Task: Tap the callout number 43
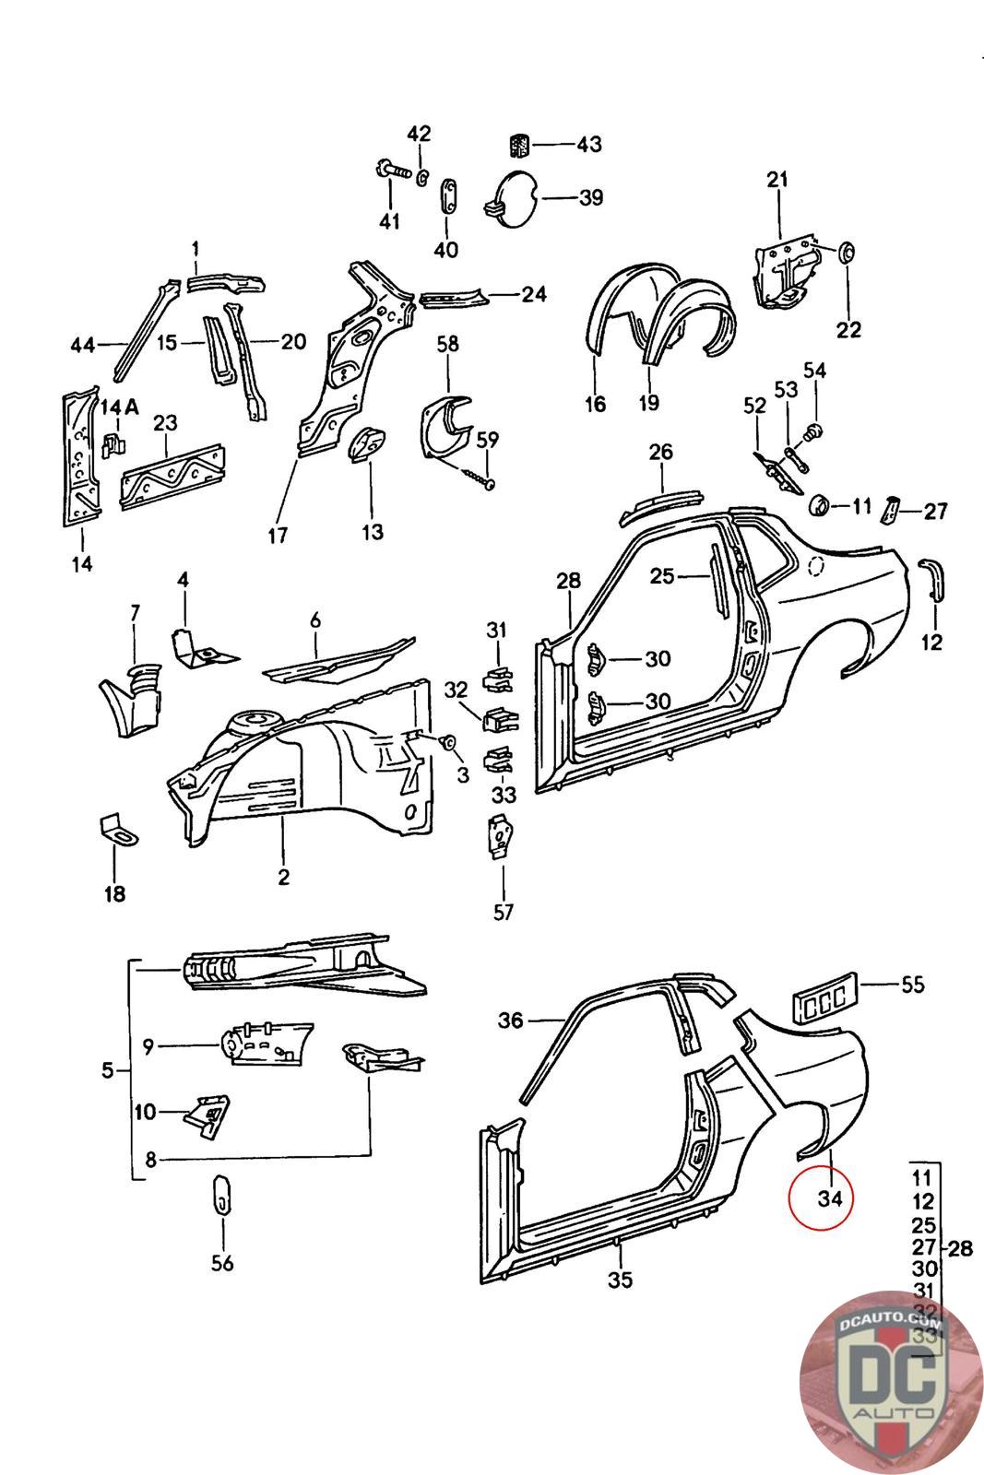(x=588, y=145)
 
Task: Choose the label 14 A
(x=120, y=407)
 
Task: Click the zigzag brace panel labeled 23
(x=172, y=476)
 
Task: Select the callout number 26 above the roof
(x=661, y=453)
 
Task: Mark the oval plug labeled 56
(x=223, y=1196)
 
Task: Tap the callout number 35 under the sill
(x=621, y=1280)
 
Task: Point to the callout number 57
(x=504, y=912)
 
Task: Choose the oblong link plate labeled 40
(x=448, y=197)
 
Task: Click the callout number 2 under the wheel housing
(x=284, y=876)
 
